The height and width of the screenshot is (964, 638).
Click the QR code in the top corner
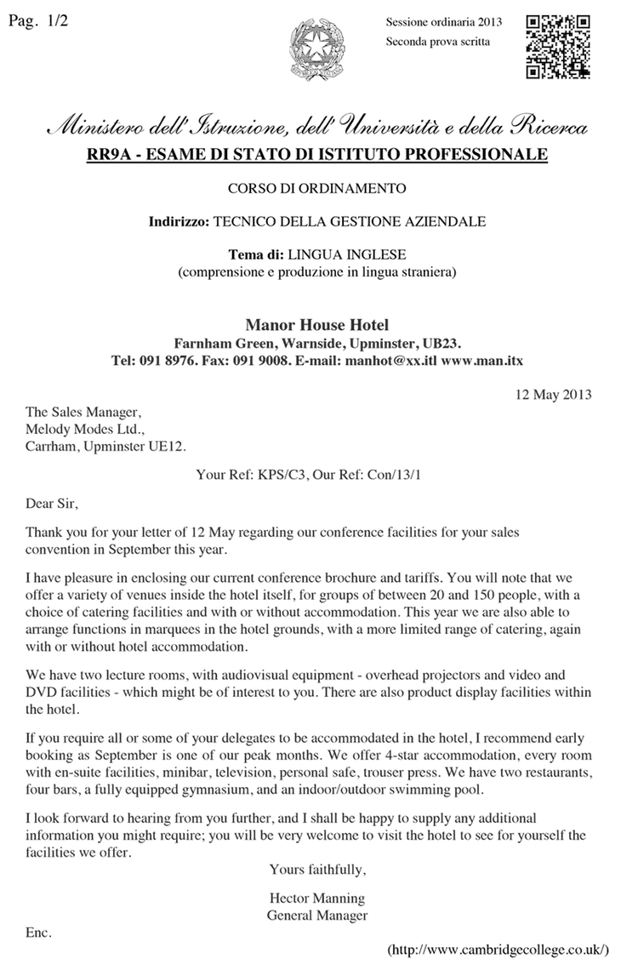559,47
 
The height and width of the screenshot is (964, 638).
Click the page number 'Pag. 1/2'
37,21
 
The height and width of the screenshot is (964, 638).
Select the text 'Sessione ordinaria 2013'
443,22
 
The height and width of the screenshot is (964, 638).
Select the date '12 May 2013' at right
554,394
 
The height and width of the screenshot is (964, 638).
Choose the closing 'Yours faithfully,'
317,869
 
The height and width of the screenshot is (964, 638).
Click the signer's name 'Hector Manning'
316,898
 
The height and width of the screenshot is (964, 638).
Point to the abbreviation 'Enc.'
39,932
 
